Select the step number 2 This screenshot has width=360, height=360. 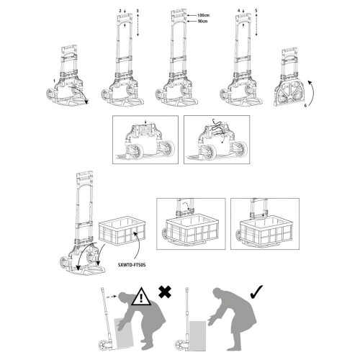click(x=120, y=10)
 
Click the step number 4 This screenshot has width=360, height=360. click(x=238, y=10)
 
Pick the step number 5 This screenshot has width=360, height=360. click(x=256, y=10)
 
